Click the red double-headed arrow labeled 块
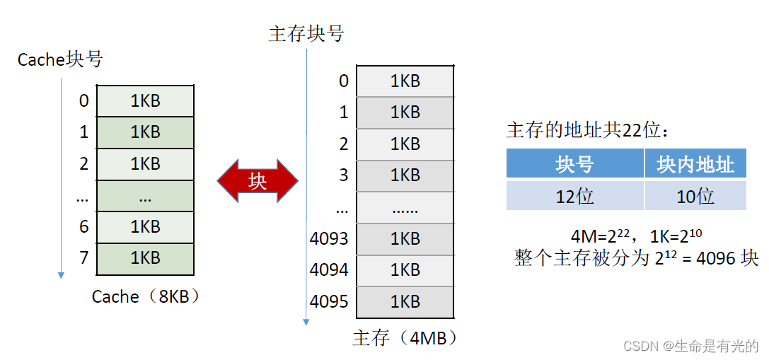coord(258,182)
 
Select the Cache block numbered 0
coord(145,101)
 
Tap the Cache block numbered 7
coord(145,257)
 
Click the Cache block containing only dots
coord(145,196)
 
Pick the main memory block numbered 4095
coord(405,302)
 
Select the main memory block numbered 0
coord(405,81)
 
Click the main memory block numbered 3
coord(405,175)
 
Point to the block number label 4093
coord(329,238)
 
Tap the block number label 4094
coord(329,269)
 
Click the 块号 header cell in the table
coord(574,165)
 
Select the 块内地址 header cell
coord(695,165)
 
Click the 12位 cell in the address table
coord(574,196)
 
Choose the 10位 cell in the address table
coord(695,196)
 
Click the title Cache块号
coord(60,59)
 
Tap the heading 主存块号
coord(306,34)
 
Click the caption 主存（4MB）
coord(405,338)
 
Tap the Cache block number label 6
coord(84,227)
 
